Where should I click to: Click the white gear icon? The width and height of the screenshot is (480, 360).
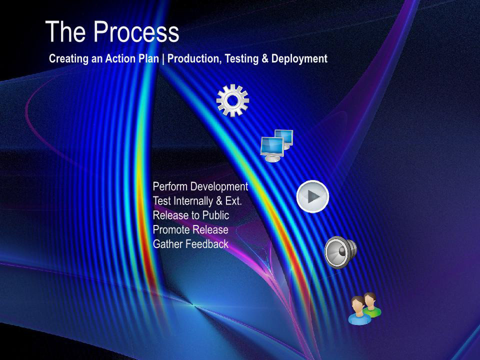(x=232, y=100)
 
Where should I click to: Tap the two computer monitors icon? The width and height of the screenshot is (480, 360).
(x=276, y=145)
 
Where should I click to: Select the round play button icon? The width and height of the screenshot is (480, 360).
(x=312, y=196)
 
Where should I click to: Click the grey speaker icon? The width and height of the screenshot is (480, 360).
(x=340, y=252)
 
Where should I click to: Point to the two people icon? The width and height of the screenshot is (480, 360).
(x=364, y=308)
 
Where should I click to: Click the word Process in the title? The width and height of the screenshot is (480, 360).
(x=136, y=31)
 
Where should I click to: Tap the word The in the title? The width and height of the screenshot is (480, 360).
(x=65, y=31)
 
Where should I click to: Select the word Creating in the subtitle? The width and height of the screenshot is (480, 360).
(x=69, y=59)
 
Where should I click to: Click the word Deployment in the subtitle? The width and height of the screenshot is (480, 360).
(x=299, y=59)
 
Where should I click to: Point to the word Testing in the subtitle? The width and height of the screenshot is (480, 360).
(x=242, y=59)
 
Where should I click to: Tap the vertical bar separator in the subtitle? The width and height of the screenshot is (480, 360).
(x=163, y=59)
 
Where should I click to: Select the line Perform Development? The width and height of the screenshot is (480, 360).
(x=200, y=186)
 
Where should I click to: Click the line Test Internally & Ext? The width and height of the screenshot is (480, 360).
(x=197, y=201)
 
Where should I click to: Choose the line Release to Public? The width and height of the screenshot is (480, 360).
(x=191, y=215)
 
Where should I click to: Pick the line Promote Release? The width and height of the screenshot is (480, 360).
(x=190, y=229)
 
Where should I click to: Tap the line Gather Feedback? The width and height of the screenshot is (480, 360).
(x=190, y=244)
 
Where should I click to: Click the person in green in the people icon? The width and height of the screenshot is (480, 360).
(x=372, y=305)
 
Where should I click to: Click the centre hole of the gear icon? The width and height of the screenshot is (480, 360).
(x=232, y=100)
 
